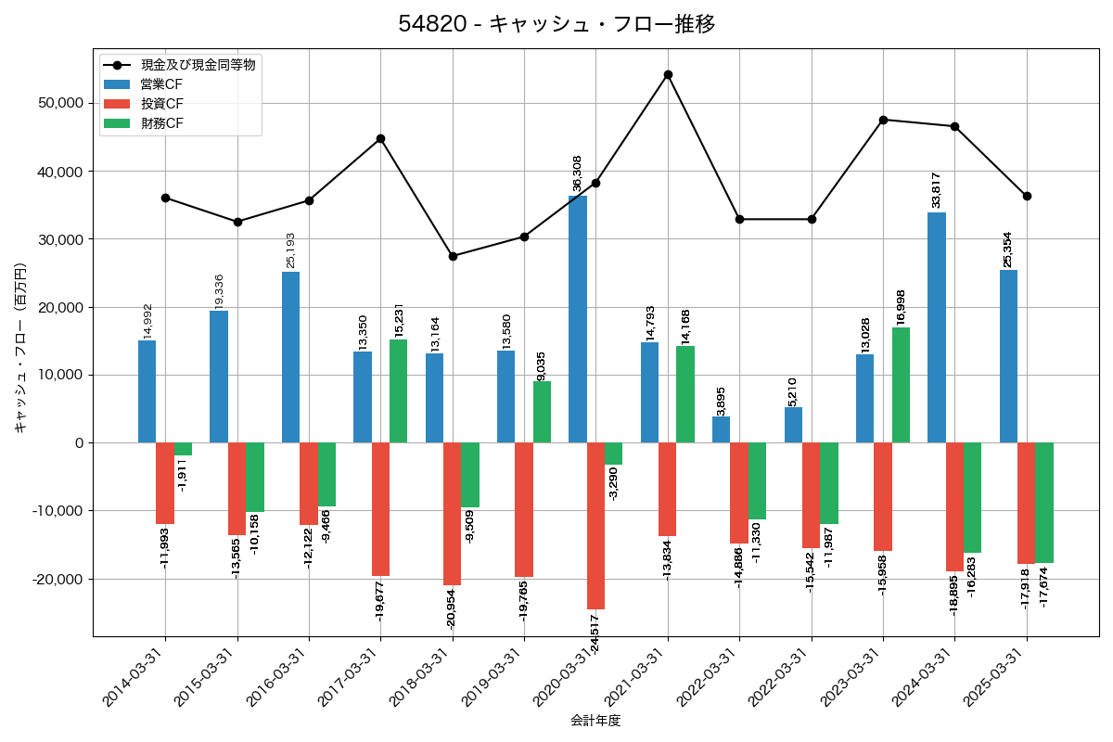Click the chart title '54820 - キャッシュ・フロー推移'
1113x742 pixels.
(x=556, y=24)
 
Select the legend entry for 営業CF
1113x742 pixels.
(x=161, y=84)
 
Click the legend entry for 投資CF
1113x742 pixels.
(x=161, y=104)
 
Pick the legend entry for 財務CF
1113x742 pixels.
(x=161, y=123)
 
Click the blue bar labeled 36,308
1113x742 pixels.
(x=578, y=319)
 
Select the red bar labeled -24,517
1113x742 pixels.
(x=595, y=526)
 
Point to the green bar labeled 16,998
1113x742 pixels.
(x=901, y=385)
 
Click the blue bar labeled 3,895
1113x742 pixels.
(x=722, y=429)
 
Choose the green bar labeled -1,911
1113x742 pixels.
(x=183, y=449)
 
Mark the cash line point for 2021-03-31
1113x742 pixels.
(x=668, y=74)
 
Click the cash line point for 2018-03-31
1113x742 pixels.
(x=453, y=256)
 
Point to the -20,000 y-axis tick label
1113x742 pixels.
(x=56, y=579)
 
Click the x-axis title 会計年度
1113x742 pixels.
(x=595, y=721)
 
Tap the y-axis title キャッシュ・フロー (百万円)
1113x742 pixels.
(x=20, y=349)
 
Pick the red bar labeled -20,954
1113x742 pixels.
(x=453, y=514)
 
